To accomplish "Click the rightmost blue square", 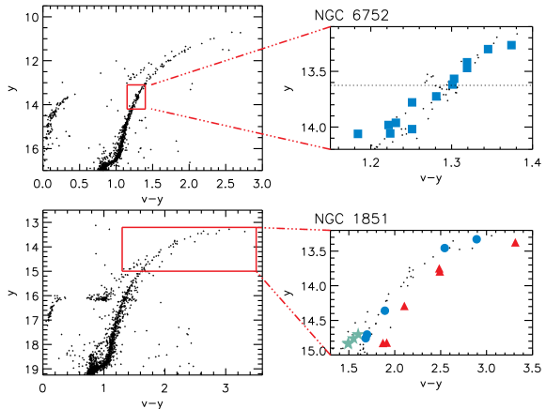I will click(x=511, y=45).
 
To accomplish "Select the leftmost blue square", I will click(x=358, y=134).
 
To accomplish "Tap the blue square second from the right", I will click(x=488, y=49).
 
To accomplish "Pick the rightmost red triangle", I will click(x=515, y=242).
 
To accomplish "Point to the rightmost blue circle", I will click(x=476, y=239).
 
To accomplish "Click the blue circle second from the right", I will click(x=445, y=248).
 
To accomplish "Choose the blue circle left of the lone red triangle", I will click(x=384, y=311).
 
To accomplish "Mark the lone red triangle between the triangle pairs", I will click(x=404, y=306).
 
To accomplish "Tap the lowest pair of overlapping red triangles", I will click(x=384, y=342).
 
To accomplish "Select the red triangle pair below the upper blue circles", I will click(x=439, y=270).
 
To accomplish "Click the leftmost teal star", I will click(x=348, y=343).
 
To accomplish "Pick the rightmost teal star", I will click(x=357, y=335).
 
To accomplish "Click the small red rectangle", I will click(x=136, y=97).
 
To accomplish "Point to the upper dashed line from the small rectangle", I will click(x=240, y=56).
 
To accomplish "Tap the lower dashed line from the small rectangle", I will click(x=240, y=129).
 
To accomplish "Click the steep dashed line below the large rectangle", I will click(x=293, y=312).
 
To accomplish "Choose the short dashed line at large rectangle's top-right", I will click(x=293, y=229).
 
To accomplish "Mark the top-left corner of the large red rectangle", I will click(x=122, y=228).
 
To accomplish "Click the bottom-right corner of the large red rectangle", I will click(x=257, y=271).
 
